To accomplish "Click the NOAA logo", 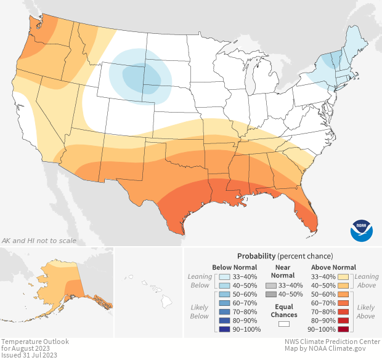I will (x=362, y=230).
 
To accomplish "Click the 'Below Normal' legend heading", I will (x=235, y=267).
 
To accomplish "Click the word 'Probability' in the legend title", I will (x=256, y=255).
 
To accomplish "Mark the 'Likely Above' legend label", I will (x=366, y=311).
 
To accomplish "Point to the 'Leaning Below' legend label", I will (x=200, y=281).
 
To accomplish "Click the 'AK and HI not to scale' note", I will (x=39, y=240).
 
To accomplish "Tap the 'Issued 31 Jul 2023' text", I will (x=29, y=355).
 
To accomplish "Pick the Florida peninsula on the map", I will (x=307, y=212).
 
